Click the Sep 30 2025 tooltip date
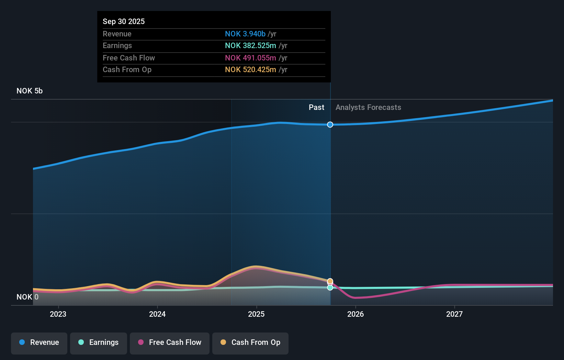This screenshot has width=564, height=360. click(x=124, y=21)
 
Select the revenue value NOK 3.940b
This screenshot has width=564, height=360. click(x=245, y=34)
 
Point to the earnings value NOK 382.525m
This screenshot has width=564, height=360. click(x=250, y=46)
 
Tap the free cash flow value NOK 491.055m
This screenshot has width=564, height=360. click(x=250, y=58)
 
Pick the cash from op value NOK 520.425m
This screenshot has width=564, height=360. click(x=250, y=70)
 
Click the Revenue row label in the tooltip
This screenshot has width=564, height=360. click(x=117, y=34)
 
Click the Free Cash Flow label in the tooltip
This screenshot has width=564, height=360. click(x=129, y=58)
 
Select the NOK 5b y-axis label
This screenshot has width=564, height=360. click(x=30, y=91)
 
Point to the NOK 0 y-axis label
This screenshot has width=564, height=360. click(x=27, y=297)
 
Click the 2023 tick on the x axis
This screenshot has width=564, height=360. click(x=58, y=314)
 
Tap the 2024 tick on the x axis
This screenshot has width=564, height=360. click(x=157, y=314)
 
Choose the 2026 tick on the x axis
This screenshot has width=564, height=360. click(x=356, y=314)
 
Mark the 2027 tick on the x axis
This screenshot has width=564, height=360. click(x=454, y=314)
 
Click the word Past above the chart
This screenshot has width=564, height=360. click(x=316, y=107)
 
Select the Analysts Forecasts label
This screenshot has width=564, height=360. click(x=368, y=107)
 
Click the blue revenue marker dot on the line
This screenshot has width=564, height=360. click(x=330, y=125)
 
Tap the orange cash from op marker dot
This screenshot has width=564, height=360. click(x=330, y=281)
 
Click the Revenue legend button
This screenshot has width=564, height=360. click(x=39, y=342)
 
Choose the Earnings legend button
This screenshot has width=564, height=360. click(x=99, y=342)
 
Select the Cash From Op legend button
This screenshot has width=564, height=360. click(x=250, y=342)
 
